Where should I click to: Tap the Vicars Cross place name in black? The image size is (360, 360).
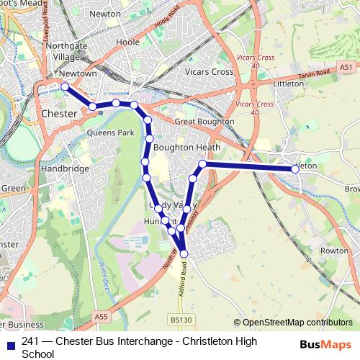(209, 72)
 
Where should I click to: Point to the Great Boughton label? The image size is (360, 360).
(204, 122)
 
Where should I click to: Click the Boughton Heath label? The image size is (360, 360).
(186, 147)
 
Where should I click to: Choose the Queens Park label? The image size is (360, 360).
(110, 132)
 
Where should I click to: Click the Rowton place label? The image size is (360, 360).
(333, 251)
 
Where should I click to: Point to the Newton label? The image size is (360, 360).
(105, 13)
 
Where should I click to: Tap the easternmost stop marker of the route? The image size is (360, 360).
(295, 169)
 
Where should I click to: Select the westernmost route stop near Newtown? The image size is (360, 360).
(65, 86)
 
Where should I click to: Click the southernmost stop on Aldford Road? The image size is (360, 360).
(184, 253)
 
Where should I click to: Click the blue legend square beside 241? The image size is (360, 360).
(9, 342)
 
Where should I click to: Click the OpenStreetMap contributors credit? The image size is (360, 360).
(293, 323)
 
